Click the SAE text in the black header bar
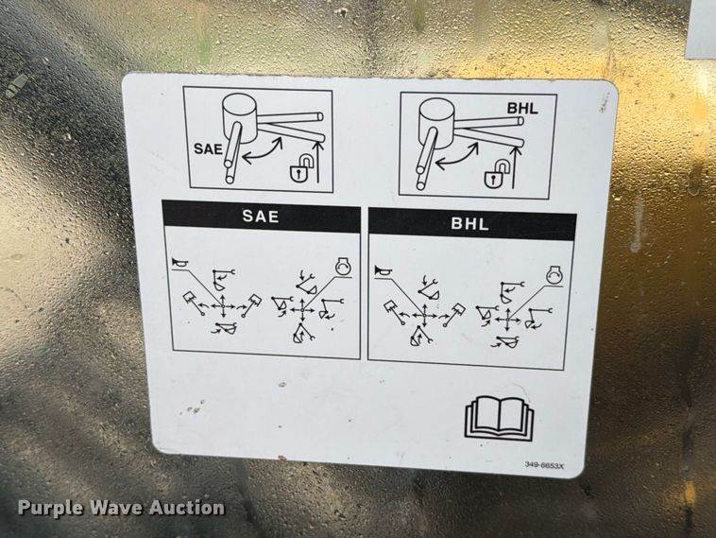[261, 216]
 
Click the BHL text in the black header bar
[469, 223]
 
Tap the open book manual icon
[499, 419]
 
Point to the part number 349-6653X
[545, 465]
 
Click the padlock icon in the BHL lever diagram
[497, 174]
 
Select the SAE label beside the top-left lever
[208, 149]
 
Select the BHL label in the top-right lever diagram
[522, 109]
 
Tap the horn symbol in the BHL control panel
[383, 270]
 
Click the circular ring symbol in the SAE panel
[344, 267]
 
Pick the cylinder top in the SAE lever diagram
[239, 104]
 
